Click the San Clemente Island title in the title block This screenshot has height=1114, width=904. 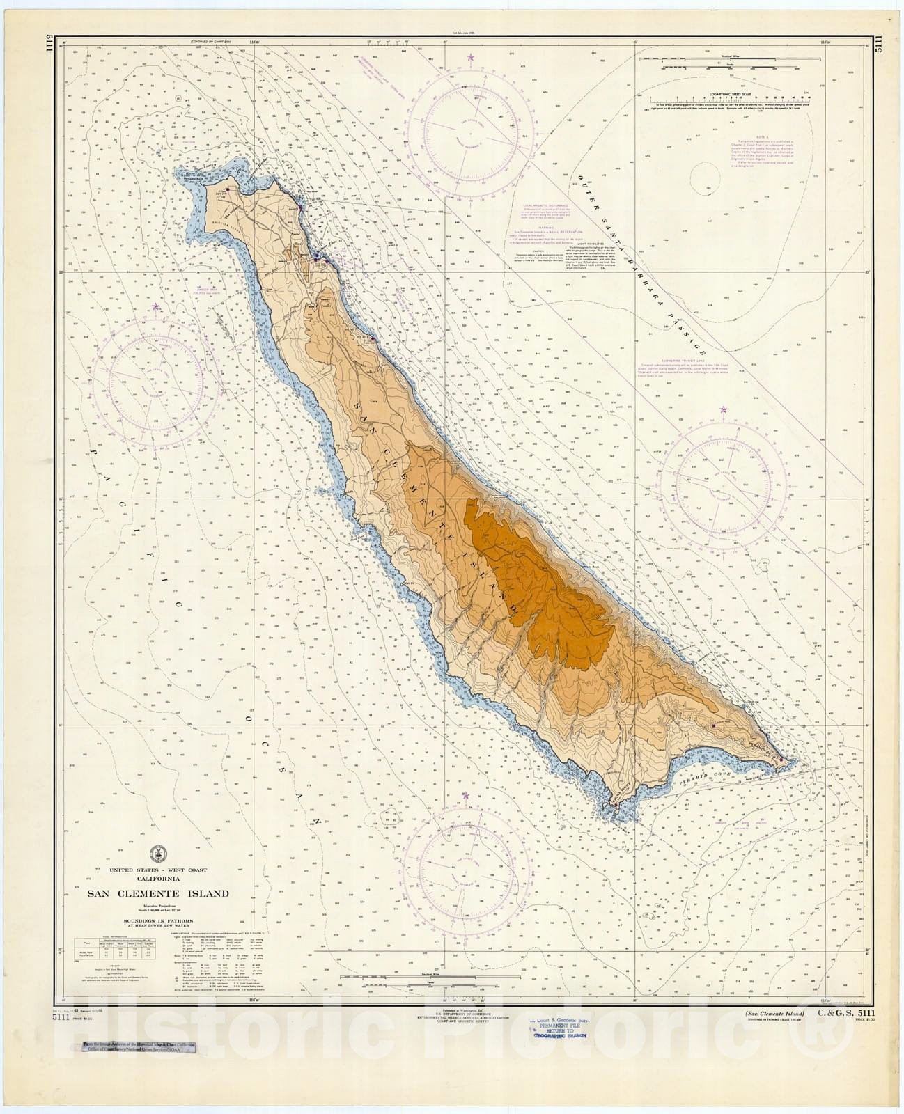(x=158, y=893)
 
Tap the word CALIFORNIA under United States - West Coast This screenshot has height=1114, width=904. (x=158, y=879)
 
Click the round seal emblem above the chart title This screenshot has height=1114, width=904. (x=158, y=854)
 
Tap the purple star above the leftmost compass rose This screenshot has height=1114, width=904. (x=156, y=306)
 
